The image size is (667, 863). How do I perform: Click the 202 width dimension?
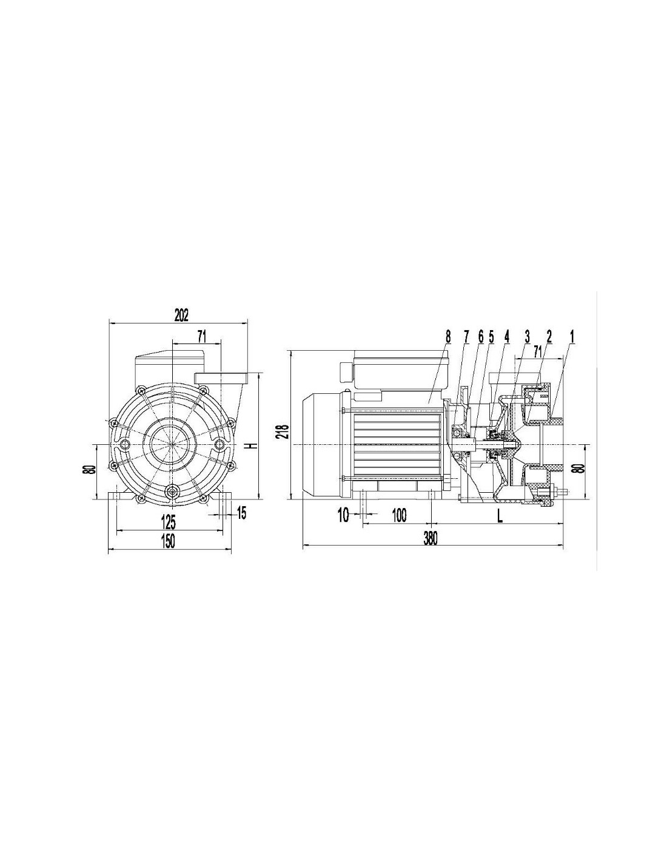coord(182,314)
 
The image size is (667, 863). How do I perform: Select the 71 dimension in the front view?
coord(201,337)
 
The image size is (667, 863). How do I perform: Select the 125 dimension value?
coord(168,523)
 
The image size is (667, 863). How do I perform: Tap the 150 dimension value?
coord(168,541)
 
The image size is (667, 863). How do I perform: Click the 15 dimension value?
coord(241,513)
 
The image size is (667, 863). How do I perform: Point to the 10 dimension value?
coord(343,515)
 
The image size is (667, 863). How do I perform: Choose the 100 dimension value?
coord(399,515)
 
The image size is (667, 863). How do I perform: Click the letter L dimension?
coord(500,516)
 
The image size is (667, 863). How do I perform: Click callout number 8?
coord(448,337)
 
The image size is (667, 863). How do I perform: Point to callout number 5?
coord(491,337)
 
